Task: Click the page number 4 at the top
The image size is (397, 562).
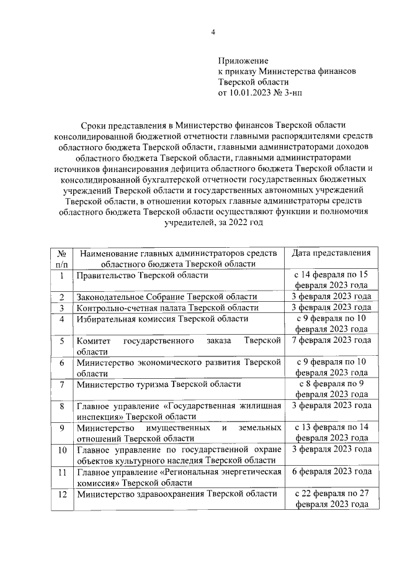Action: click(x=212, y=32)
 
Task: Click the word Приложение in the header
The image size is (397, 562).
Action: click(x=243, y=61)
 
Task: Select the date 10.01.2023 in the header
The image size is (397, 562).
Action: click(x=249, y=93)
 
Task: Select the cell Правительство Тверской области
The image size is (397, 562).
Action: click(x=142, y=275)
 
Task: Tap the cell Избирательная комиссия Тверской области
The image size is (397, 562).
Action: click(x=146, y=319)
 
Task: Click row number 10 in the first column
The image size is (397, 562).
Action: click(x=61, y=449)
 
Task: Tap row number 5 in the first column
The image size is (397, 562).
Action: click(x=61, y=340)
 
